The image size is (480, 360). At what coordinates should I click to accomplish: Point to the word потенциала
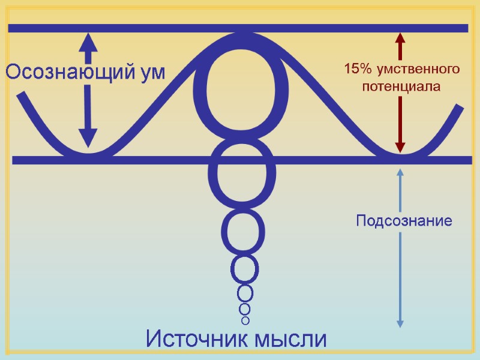click(x=401, y=86)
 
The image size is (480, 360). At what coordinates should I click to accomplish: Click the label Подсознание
click(x=403, y=221)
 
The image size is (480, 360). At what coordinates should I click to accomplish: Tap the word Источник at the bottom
click(x=196, y=340)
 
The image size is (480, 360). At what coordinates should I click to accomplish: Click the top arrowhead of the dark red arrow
click(x=400, y=40)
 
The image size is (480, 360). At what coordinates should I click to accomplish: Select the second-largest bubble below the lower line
click(x=242, y=174)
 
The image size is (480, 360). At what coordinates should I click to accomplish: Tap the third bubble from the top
click(x=242, y=232)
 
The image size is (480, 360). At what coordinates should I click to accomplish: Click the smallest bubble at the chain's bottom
click(x=245, y=320)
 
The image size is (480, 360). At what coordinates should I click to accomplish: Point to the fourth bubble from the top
click(x=245, y=269)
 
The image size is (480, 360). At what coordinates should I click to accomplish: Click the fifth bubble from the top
click(x=245, y=294)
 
